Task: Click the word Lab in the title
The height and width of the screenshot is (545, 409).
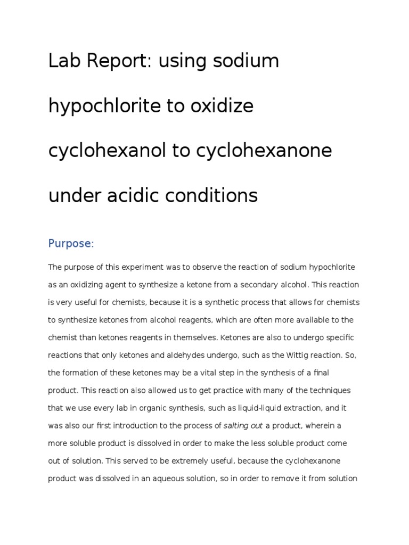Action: click(63, 62)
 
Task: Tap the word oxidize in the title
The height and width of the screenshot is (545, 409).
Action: click(220, 106)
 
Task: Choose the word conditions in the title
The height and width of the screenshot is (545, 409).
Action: click(214, 196)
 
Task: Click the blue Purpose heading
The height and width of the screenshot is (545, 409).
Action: click(70, 244)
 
